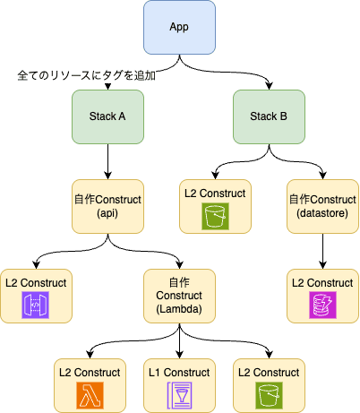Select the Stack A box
(107, 117)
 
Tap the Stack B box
(269, 117)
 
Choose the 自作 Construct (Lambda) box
(179, 297)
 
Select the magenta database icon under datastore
(323, 307)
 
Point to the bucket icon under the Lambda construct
(269, 394)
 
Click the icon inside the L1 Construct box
(179, 394)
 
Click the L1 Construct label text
(179, 370)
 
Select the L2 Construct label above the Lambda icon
(90, 370)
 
